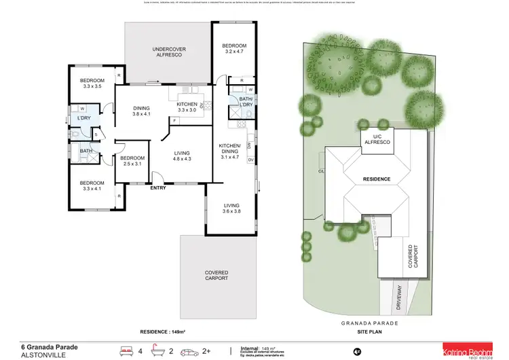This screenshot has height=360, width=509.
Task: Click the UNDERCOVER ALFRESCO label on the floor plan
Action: click(168, 53)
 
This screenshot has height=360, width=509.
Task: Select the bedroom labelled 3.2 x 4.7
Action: click(234, 48)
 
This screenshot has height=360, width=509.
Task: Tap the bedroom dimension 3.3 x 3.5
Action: click(92, 83)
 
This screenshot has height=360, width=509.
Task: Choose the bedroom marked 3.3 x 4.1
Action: click(92, 186)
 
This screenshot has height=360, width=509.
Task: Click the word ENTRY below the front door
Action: click(157, 188)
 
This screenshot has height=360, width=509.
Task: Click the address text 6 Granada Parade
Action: click(49, 329)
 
